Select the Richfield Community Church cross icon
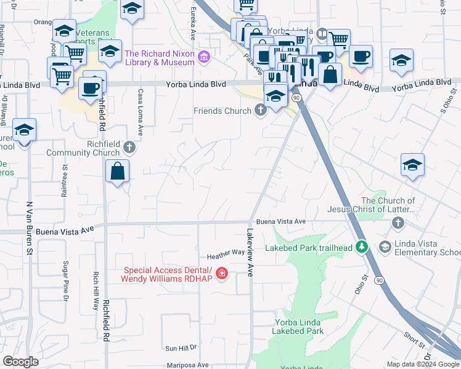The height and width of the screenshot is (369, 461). (x=129, y=147)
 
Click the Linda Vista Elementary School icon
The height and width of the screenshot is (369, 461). (x=385, y=247)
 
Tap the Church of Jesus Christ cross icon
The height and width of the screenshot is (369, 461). (x=398, y=223)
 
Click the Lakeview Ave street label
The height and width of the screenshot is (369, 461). (x=250, y=252)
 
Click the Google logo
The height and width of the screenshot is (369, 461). (x=20, y=362)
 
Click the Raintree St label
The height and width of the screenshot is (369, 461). (x=63, y=183)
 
